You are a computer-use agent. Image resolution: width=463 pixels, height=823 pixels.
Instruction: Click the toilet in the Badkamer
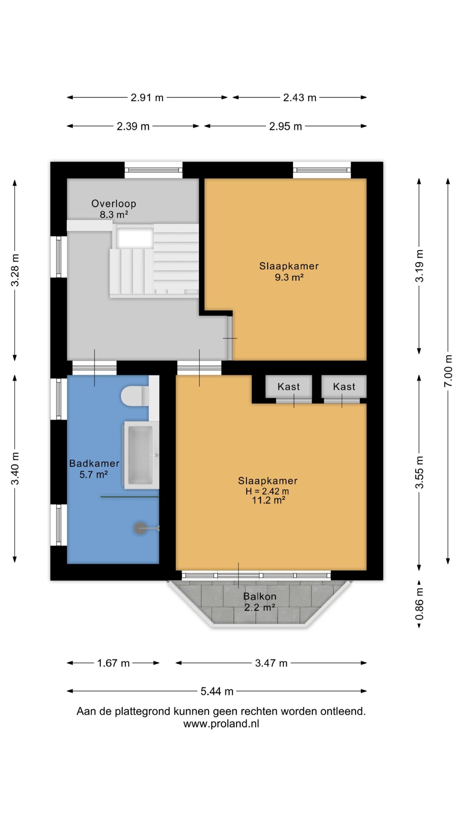[x=135, y=396]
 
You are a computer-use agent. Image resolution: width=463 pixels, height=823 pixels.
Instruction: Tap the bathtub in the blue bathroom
[x=141, y=455]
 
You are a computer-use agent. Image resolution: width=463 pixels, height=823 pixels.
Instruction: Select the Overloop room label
[x=114, y=203]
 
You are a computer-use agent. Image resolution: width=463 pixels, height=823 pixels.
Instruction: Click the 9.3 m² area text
[x=289, y=277]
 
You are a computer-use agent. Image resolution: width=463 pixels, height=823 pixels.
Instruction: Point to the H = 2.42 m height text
[x=267, y=491]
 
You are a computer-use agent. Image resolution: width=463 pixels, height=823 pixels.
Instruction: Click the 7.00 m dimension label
[x=448, y=371]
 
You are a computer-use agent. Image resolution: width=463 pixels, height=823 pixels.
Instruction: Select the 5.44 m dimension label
[x=217, y=691]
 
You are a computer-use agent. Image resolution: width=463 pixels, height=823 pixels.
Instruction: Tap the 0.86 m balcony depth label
[x=419, y=604]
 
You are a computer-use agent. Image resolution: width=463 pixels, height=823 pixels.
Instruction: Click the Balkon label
[x=260, y=596]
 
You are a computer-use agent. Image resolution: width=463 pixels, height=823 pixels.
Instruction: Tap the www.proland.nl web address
[x=221, y=724]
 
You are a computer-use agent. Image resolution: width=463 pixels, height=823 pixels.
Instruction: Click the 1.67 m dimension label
[x=113, y=663]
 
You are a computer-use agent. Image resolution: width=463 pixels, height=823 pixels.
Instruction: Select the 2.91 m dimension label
[x=147, y=97]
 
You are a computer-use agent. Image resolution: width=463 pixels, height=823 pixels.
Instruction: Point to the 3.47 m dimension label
[x=271, y=663]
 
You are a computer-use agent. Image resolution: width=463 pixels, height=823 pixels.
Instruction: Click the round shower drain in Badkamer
[x=141, y=528]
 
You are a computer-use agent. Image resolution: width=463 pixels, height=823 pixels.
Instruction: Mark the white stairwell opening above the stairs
[x=135, y=239]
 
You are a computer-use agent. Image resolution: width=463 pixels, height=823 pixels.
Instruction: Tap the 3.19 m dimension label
[x=419, y=266]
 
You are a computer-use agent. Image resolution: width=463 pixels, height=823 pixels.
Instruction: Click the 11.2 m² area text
[x=268, y=500]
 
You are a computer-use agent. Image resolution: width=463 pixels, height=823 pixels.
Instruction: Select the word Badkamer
[x=94, y=463]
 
